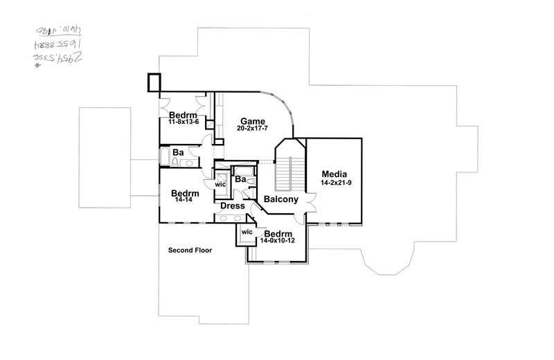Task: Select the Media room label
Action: tap(333, 174)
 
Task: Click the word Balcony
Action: tap(280, 199)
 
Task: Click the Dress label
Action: tap(232, 206)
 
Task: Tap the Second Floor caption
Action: tap(190, 250)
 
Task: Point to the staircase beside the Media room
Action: tap(285, 173)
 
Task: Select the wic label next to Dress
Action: tap(221, 185)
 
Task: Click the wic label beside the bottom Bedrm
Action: tap(247, 232)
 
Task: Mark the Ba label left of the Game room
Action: tap(178, 152)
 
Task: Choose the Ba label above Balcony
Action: tap(240, 179)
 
